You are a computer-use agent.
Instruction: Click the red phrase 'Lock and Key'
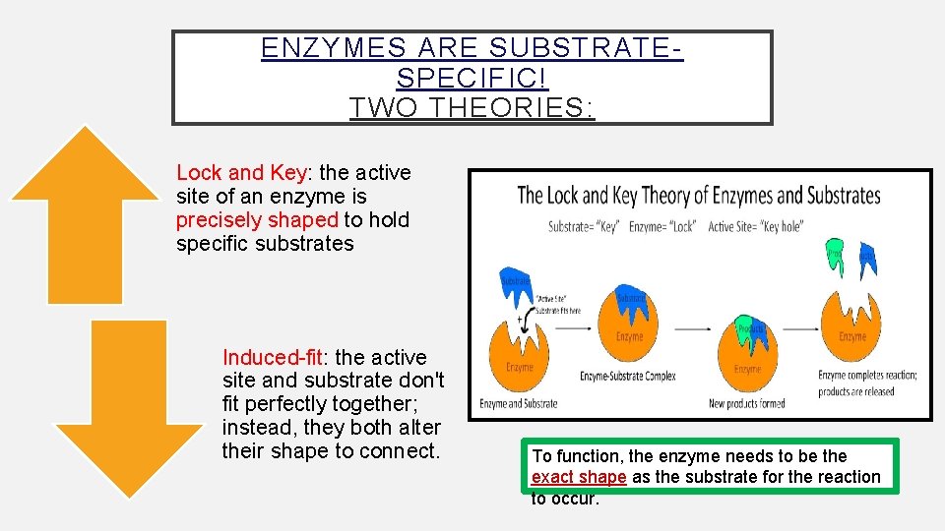[241, 173]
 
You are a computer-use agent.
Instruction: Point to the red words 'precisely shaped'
[257, 219]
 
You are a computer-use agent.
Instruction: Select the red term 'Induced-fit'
[270, 357]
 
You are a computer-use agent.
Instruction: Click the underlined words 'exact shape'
[578, 477]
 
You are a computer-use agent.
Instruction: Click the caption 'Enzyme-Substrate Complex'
[627, 376]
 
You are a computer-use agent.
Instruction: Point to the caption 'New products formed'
[747, 403]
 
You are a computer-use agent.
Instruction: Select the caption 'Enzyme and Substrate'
[518, 403]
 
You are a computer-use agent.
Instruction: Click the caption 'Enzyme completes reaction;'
[867, 375]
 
